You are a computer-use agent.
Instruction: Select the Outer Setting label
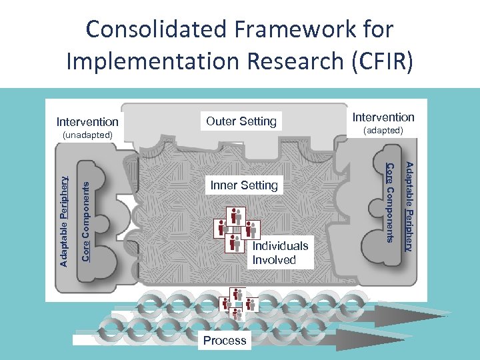click(241, 121)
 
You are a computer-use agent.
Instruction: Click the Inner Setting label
click(243, 185)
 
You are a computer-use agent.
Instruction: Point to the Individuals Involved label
click(280, 253)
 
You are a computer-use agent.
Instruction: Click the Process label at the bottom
click(225, 340)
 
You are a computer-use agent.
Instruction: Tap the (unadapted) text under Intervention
click(87, 135)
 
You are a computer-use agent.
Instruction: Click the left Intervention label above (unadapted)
click(87, 122)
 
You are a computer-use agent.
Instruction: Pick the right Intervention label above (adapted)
click(383, 117)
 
